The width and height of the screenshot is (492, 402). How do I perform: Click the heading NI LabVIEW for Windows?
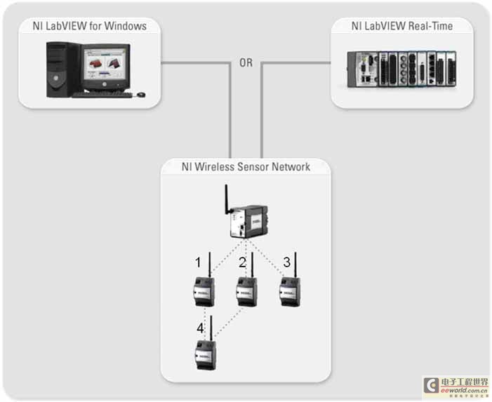(89, 26)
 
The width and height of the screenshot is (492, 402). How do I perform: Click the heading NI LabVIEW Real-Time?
(402, 26)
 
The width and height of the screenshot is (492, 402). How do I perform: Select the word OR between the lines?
(246, 63)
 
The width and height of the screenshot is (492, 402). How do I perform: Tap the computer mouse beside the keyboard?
(141, 94)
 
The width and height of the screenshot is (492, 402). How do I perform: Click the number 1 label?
(199, 262)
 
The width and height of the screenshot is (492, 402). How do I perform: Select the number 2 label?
(242, 262)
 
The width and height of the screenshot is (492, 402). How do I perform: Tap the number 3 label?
(286, 262)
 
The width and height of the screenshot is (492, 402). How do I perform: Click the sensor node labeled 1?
(204, 291)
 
